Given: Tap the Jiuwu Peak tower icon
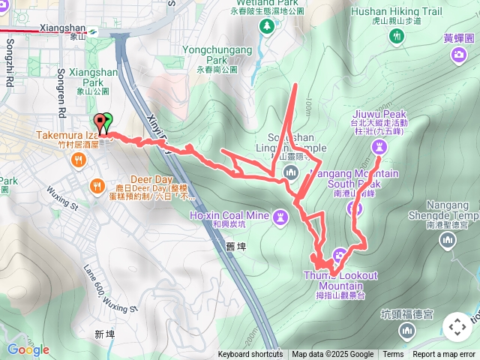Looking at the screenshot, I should (380, 146).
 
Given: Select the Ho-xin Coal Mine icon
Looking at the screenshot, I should (280, 217).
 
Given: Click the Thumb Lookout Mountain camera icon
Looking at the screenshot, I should (339, 254).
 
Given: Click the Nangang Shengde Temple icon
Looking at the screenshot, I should (448, 240).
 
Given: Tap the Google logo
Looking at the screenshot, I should (28, 349).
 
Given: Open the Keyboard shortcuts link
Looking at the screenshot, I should (250, 355).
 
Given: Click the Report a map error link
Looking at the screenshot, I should (444, 355).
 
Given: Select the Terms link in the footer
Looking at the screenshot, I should (393, 355).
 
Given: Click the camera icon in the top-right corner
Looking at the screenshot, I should (458, 54).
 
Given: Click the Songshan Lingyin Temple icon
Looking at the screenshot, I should (290, 174).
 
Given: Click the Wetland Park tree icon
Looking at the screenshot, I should (267, 27).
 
